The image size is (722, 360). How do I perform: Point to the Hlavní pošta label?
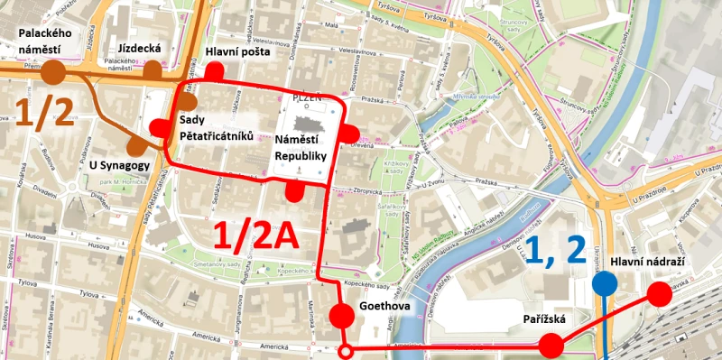point(234,51)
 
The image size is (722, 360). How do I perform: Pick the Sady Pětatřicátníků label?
point(217,127)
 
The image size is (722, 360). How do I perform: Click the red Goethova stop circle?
point(343,316)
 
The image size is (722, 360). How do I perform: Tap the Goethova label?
point(384,307)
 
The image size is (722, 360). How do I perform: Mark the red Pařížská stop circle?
point(551,345)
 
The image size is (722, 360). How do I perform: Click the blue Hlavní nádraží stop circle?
point(605,285)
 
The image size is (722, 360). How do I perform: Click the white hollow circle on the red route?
point(344,352)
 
